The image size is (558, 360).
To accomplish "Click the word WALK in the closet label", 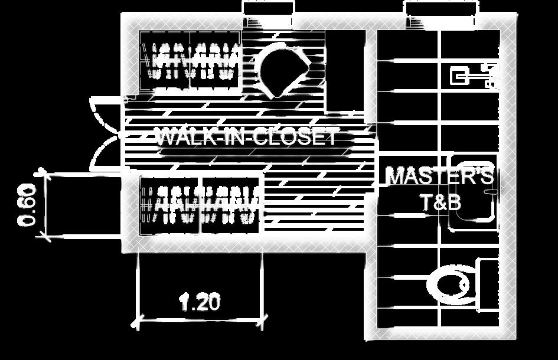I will (181, 138).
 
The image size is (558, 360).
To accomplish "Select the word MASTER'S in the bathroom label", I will (439, 176).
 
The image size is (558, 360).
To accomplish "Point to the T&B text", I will (440, 202).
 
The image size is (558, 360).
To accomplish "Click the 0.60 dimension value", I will (28, 205).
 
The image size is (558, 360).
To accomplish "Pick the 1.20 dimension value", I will (200, 303).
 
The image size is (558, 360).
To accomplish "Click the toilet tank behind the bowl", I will (489, 284).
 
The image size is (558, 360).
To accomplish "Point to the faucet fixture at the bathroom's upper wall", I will (472, 76).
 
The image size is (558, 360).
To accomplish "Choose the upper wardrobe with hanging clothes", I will (189, 61).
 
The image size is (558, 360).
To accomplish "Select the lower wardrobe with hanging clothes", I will (200, 205).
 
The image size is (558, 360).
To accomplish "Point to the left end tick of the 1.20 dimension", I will (137, 323).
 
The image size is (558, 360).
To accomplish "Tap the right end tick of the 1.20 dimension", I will (262, 323).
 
